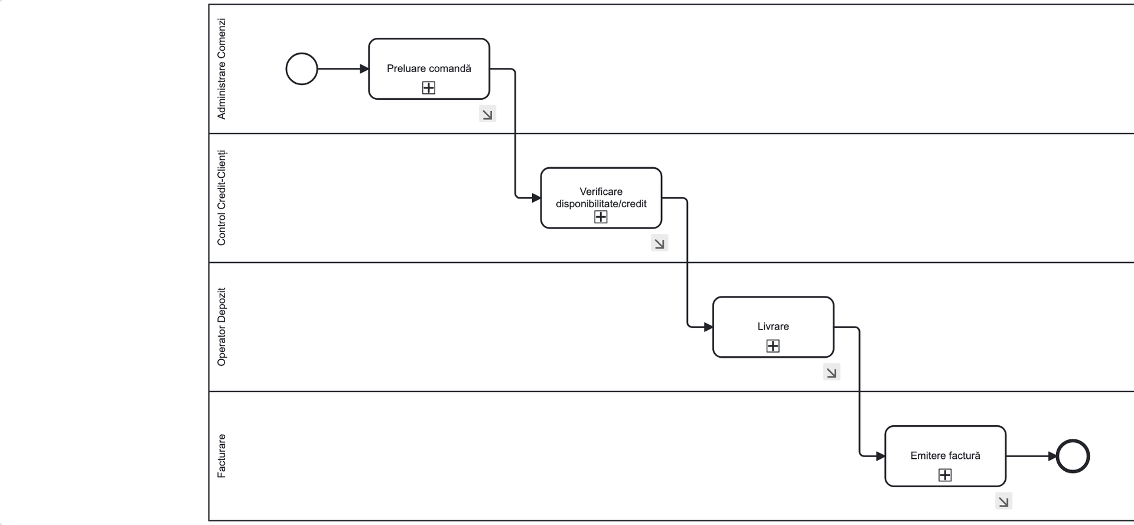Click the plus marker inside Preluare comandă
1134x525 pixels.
pos(429,88)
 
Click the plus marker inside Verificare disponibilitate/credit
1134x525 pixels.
pos(601,217)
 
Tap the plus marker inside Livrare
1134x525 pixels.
pos(773,346)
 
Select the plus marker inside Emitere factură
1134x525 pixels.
pos(945,475)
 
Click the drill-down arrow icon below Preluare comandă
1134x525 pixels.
pos(487,114)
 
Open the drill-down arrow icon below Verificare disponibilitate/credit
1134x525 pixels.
pos(660,243)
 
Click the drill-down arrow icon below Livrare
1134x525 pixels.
pos(832,372)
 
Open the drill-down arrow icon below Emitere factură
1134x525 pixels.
pos(1003,501)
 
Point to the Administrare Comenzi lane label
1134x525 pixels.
pos(221,69)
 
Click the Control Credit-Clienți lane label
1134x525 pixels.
pos(221,198)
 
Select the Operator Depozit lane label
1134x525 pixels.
pos(221,327)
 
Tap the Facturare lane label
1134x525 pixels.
pos(221,456)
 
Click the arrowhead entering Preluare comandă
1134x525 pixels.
pos(364,69)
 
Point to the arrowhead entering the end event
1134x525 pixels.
pos(1052,456)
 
